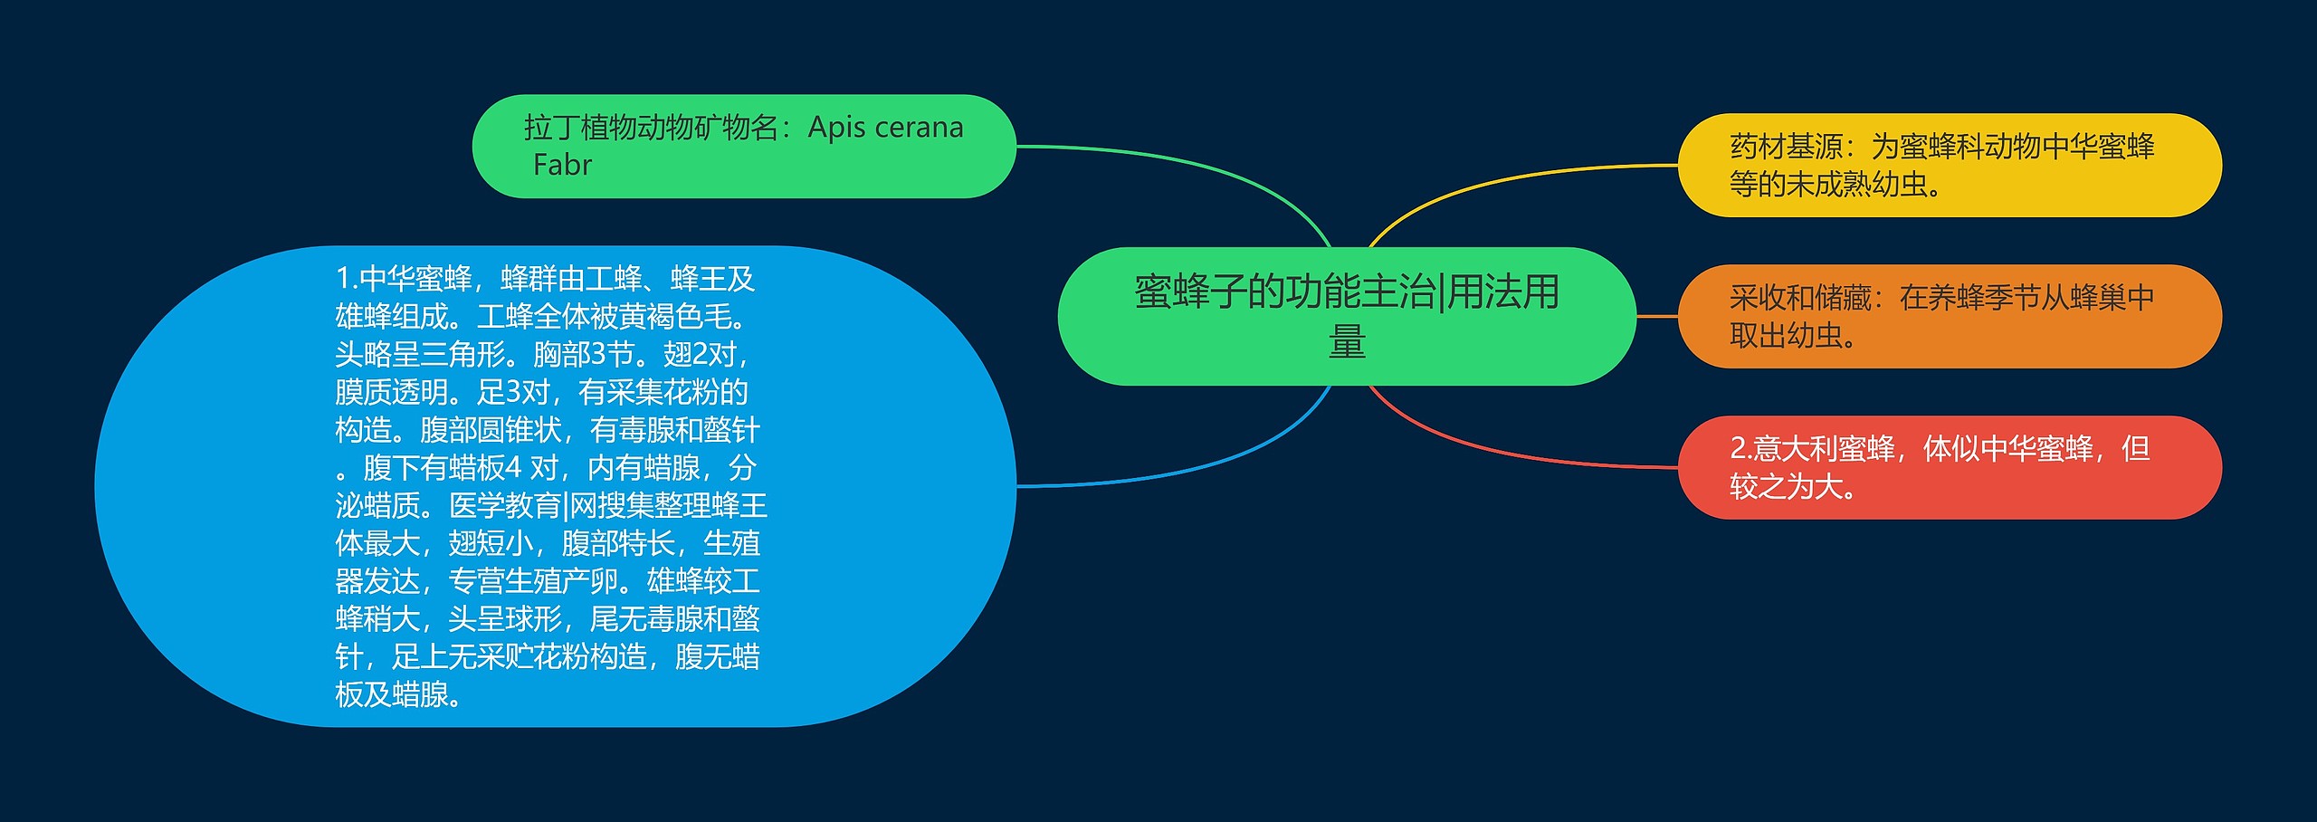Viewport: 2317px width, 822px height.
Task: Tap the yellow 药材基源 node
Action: coord(1949,165)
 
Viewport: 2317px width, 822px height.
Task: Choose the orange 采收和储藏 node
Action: coord(1949,316)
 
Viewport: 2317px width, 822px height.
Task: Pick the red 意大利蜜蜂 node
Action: coord(1949,467)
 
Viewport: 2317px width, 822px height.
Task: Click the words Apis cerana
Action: coord(885,128)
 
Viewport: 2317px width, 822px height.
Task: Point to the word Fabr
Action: coord(562,166)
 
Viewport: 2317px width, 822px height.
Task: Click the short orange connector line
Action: coord(1657,316)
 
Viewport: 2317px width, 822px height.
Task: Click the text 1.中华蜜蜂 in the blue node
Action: coord(404,279)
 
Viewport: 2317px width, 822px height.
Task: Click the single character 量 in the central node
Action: coord(1347,342)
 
